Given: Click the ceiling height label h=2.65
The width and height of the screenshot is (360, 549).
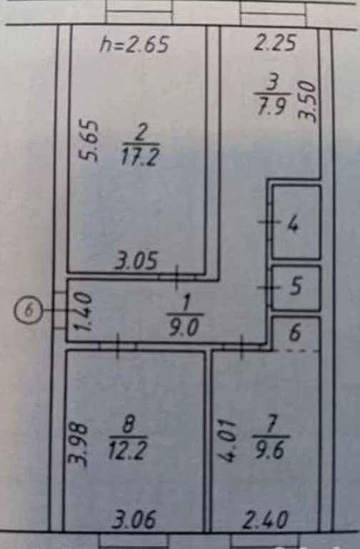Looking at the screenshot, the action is click(x=135, y=44).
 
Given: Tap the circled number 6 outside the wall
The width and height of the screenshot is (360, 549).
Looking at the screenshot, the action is click(x=29, y=310).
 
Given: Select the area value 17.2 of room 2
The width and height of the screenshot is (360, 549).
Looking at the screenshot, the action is click(x=140, y=157).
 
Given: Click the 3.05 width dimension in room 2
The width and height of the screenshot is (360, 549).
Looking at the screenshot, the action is click(x=136, y=261).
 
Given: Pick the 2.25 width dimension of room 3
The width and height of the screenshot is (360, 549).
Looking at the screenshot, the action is click(x=276, y=43).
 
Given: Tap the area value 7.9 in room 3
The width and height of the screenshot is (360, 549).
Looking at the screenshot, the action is click(x=274, y=106).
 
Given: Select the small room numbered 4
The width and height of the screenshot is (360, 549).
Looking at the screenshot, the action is click(x=296, y=222).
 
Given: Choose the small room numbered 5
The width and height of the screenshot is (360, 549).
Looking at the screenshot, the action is click(x=296, y=288).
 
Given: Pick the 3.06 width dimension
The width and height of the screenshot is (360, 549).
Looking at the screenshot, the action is click(x=134, y=519).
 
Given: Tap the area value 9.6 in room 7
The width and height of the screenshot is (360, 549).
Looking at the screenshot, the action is click(x=269, y=450).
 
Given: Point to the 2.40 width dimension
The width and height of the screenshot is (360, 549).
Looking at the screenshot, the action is click(x=266, y=520).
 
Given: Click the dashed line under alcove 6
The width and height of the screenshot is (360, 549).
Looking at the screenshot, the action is click(x=296, y=350).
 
